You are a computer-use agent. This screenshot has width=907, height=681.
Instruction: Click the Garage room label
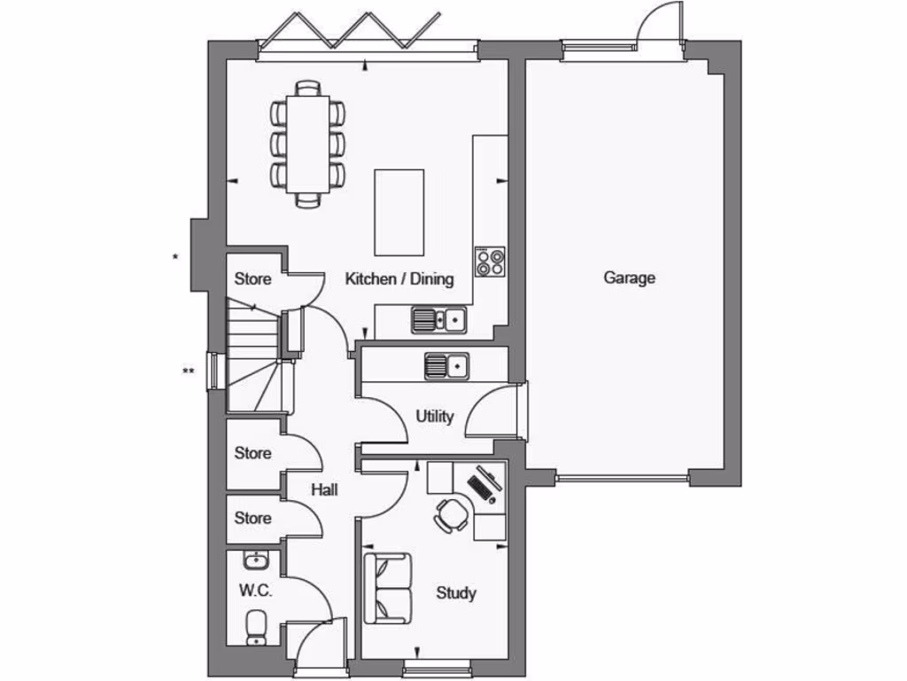[630, 278]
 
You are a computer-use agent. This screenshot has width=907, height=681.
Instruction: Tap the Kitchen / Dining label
[399, 278]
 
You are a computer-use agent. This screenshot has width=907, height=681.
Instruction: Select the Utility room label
[434, 416]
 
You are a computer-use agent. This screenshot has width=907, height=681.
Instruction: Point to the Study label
[456, 593]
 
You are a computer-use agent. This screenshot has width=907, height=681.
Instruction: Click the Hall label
[323, 489]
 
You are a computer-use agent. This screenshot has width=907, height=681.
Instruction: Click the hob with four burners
[490, 262]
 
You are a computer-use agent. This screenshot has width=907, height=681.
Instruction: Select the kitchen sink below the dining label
[438, 319]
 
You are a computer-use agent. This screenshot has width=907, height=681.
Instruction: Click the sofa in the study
[387, 587]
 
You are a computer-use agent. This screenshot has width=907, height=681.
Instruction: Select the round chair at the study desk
[453, 514]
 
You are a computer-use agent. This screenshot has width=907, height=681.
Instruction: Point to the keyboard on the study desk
[484, 486]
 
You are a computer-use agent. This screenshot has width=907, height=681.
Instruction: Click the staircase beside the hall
[253, 355]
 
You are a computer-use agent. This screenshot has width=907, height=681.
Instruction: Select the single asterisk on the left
[175, 258]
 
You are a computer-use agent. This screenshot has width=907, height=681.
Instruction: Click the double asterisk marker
[188, 372]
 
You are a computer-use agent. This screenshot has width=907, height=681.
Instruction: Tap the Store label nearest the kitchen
[252, 279]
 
